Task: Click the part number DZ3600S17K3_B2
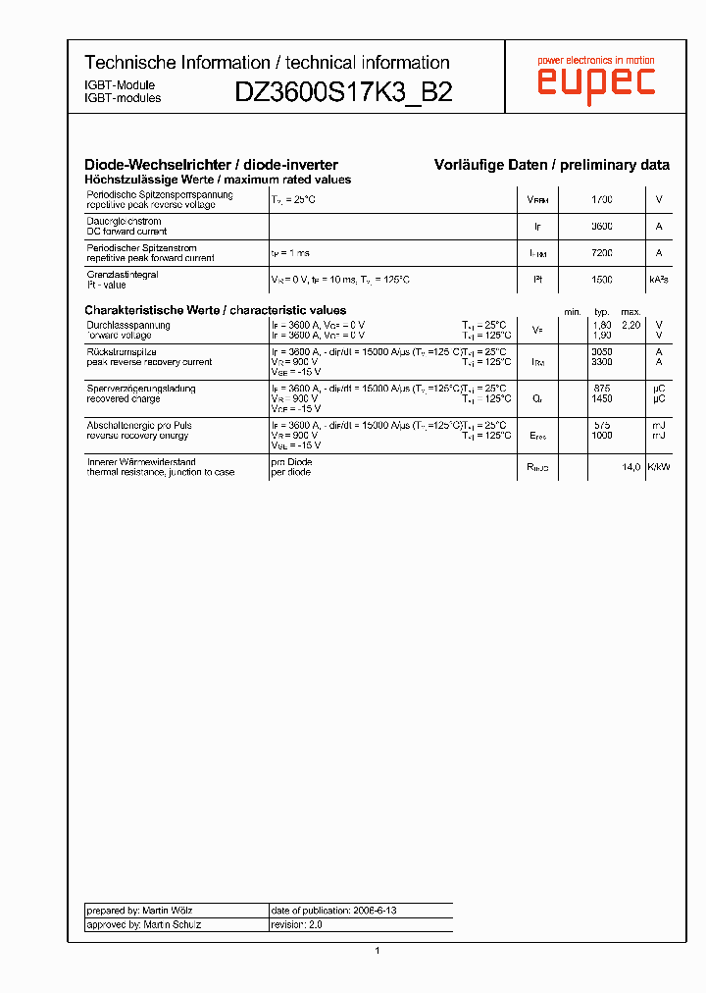click(x=343, y=92)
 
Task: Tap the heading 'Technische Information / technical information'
click(x=267, y=63)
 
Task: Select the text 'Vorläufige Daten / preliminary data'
click(x=552, y=165)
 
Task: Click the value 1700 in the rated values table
click(x=602, y=200)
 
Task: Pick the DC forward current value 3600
click(x=602, y=227)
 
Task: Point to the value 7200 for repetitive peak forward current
click(x=602, y=253)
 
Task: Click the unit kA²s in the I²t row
click(x=658, y=280)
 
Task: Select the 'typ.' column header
click(x=602, y=312)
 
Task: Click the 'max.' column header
click(x=630, y=312)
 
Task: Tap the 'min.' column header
click(x=572, y=312)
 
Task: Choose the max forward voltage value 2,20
click(x=630, y=325)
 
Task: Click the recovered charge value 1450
click(x=602, y=399)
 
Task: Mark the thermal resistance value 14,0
click(x=630, y=467)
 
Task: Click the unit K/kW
click(x=658, y=467)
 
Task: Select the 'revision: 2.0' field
click(x=297, y=924)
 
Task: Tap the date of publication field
click(x=333, y=911)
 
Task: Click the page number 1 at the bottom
click(x=378, y=950)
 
